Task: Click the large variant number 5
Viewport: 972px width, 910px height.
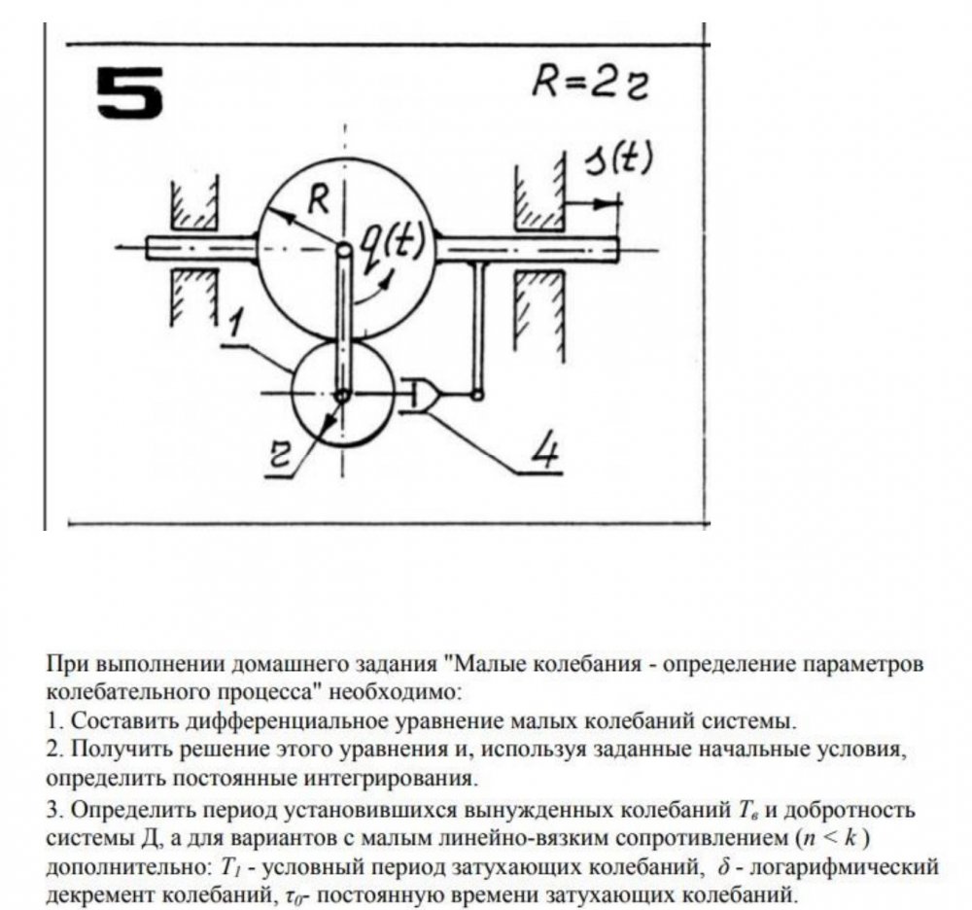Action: coord(130,95)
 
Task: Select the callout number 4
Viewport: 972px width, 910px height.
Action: coord(547,449)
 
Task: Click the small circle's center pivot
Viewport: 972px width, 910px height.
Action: coord(343,395)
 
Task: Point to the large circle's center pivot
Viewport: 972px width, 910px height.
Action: coord(343,249)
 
